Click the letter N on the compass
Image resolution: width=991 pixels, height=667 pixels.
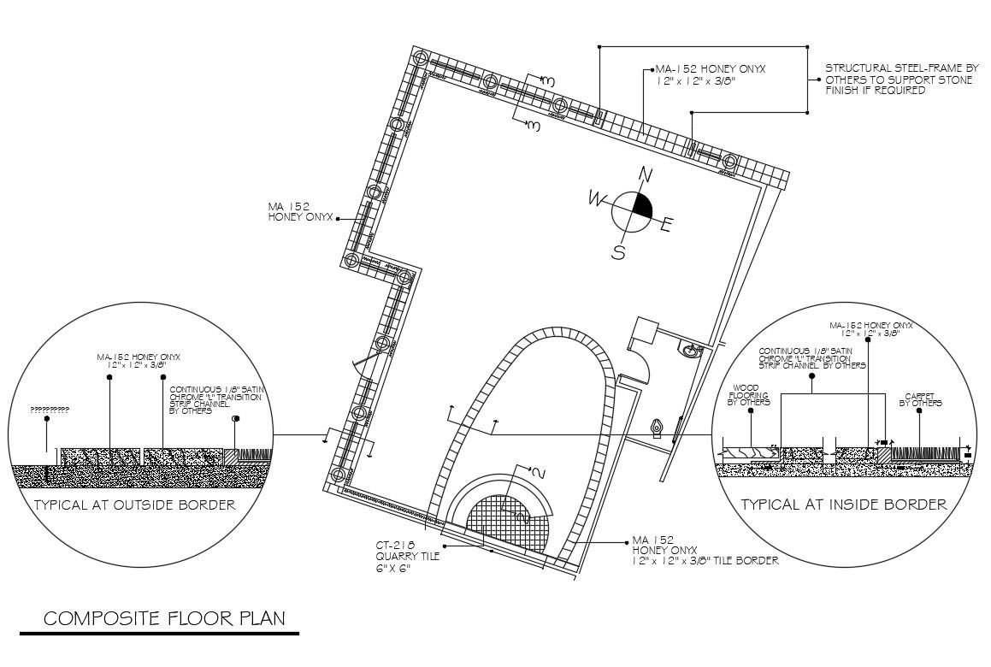647,175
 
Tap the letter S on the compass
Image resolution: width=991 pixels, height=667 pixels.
618,252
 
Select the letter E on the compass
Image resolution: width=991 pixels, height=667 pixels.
669,226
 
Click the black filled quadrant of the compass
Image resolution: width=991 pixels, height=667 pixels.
642,205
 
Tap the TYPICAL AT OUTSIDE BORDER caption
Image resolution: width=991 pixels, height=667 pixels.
133,505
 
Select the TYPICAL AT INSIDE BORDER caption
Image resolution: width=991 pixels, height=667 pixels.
844,505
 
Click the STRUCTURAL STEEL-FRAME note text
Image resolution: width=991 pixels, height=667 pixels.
901,78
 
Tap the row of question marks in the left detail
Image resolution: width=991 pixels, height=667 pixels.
49,410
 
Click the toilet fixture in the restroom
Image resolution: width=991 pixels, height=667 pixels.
657,426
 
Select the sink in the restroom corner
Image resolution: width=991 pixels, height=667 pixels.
690,349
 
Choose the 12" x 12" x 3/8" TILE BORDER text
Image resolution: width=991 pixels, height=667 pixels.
705,562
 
